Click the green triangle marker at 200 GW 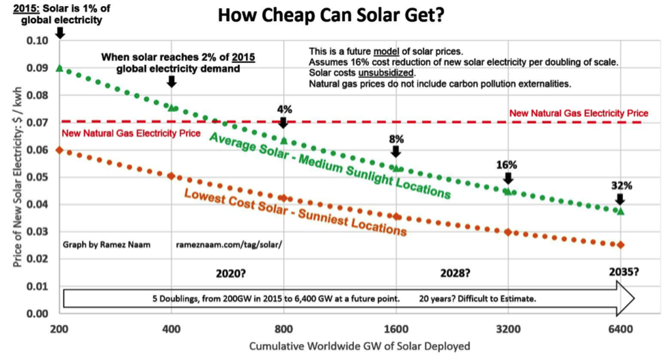click(x=59, y=68)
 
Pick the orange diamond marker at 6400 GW click(x=620, y=245)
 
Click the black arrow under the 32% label click(x=620, y=199)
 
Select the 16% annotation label click(x=508, y=165)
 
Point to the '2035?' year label click(x=623, y=272)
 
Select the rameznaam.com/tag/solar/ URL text click(x=229, y=244)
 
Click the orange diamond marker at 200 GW click(x=59, y=150)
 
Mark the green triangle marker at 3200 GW click(x=508, y=191)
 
